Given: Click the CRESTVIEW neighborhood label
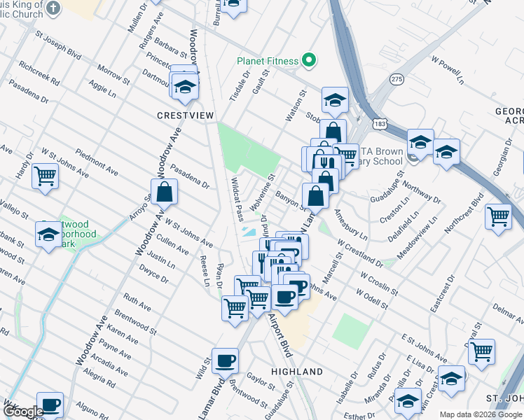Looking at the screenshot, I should pos(186,115).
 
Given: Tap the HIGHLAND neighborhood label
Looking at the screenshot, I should pos(297,371).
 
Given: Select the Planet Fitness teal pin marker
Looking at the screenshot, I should pos(308,61).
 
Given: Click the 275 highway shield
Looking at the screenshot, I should pos(397,79).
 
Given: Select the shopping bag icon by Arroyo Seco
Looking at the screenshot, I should pos(164,191).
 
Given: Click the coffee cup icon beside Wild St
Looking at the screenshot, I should pos(225,360).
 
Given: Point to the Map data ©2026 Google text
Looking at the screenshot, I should pos(481,414).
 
